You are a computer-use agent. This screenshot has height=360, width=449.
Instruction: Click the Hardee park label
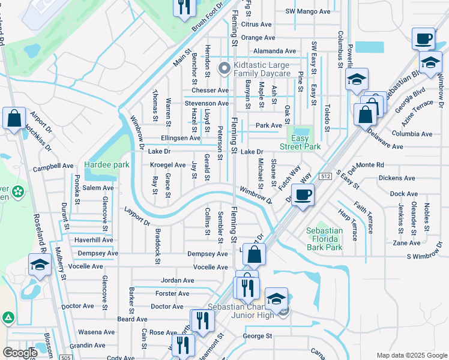click(x=107, y=164)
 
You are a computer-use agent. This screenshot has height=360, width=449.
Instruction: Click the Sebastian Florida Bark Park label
click(x=324, y=239)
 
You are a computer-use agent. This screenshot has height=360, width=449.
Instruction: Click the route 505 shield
click(x=64, y=358)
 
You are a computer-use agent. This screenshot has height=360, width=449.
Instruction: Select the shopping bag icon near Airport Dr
click(x=14, y=119)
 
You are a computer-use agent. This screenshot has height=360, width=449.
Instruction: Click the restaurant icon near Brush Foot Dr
click(x=183, y=7)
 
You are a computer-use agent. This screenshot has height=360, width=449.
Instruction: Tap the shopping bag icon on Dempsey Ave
click(x=255, y=255)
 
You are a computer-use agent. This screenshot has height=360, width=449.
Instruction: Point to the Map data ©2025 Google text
click(x=411, y=355)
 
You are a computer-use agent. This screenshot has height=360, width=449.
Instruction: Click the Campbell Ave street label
click(x=53, y=166)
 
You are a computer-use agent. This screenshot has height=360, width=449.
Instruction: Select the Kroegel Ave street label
click(x=167, y=165)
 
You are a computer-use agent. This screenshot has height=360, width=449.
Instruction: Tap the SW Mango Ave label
click(x=308, y=11)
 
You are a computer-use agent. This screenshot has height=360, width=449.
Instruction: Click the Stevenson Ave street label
click(x=206, y=103)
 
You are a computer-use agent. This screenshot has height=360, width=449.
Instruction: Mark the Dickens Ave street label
click(x=397, y=178)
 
